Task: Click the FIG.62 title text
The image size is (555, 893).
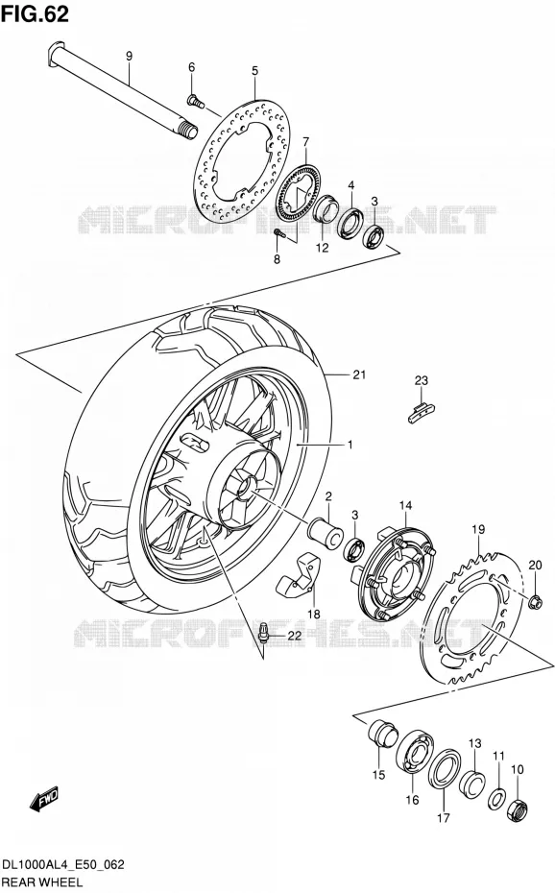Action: click(35, 13)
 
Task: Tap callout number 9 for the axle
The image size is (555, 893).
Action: click(129, 56)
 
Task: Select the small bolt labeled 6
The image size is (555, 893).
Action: click(195, 102)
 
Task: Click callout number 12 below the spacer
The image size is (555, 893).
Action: click(323, 248)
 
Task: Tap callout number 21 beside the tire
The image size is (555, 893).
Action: click(358, 374)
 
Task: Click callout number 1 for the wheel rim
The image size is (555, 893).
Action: click(350, 445)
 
